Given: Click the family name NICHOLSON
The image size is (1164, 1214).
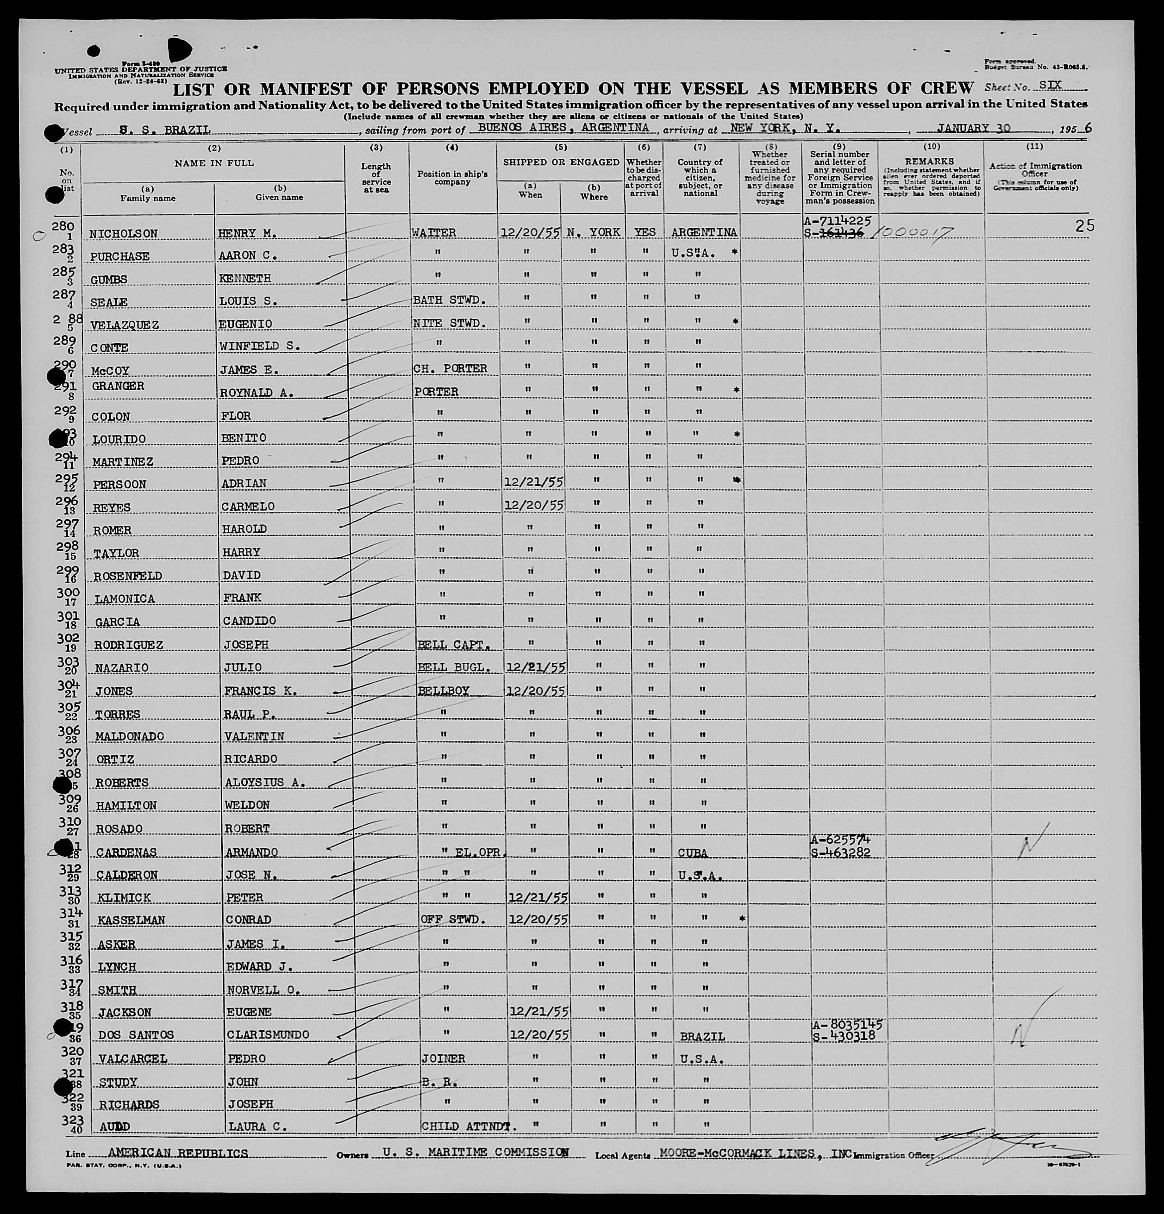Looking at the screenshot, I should click(123, 234).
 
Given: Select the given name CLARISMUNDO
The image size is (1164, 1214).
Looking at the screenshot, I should click(267, 1034).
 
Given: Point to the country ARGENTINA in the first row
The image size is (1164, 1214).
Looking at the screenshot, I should click(703, 232).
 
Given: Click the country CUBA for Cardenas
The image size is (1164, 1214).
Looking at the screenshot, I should click(693, 853).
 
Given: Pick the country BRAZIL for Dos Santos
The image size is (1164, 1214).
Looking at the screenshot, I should click(702, 1036).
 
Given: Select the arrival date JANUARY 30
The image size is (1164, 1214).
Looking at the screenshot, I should click(973, 128).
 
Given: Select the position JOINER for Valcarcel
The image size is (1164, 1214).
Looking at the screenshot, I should click(443, 1058).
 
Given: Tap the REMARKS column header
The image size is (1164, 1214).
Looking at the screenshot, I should click(931, 161).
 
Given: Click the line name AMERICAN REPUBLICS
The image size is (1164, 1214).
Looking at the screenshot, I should click(178, 1153).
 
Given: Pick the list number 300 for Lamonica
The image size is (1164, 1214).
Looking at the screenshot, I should click(68, 593).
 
